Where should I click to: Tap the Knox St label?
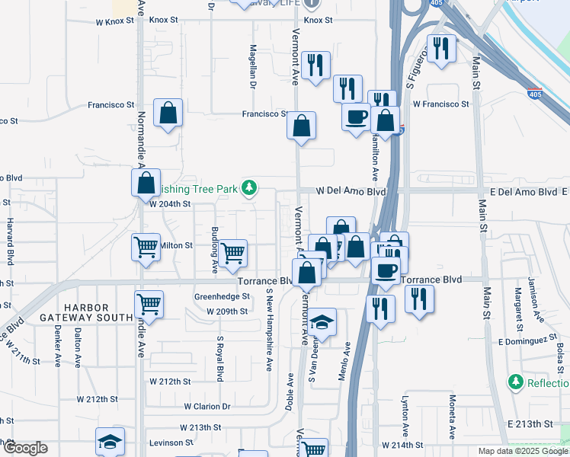point(319,21)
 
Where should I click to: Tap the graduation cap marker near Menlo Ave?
point(323,323)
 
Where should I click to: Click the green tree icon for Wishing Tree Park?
point(248,187)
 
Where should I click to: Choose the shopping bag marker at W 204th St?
point(145,184)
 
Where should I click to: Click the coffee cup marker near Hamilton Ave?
point(356,118)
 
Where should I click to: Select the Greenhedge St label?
point(223,296)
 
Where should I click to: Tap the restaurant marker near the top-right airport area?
point(440,50)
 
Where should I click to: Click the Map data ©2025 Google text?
point(522,451)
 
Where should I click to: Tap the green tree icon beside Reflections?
point(516,380)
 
